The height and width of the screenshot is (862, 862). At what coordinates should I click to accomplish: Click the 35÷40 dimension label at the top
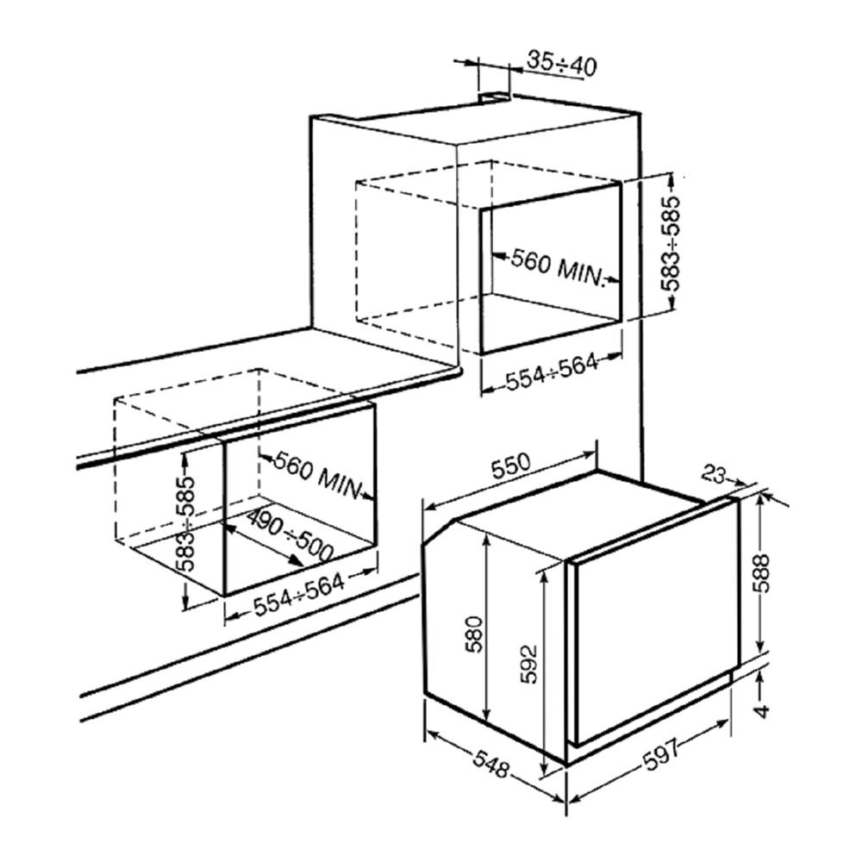[562, 62]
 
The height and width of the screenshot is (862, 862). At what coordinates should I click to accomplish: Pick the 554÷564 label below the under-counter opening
[298, 596]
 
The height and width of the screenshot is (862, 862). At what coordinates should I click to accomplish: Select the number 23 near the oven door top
[713, 473]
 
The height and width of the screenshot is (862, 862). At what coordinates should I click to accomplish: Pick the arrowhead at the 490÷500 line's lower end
[298, 562]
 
